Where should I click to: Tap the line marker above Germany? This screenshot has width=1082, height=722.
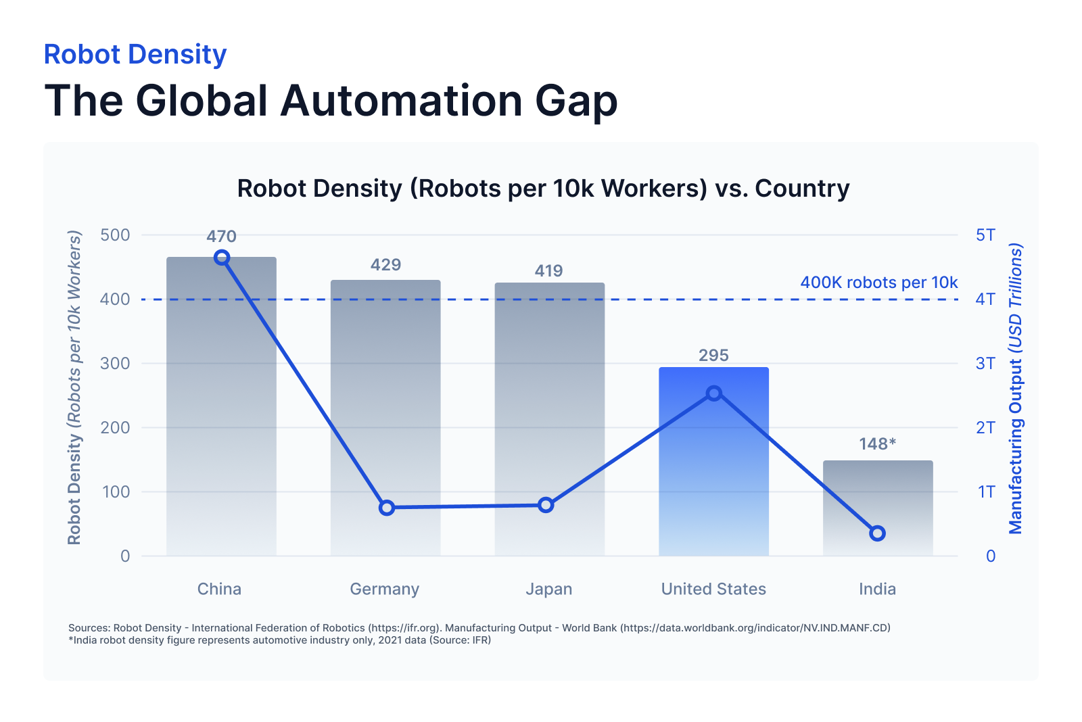coord(387,508)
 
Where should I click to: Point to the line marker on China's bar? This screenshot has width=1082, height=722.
coord(222,258)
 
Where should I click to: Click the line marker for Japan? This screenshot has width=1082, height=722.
coord(546,505)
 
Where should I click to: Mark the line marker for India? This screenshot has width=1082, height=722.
coord(877,533)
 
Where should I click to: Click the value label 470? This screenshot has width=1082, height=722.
coord(221,237)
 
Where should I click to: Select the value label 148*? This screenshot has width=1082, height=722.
coord(877,444)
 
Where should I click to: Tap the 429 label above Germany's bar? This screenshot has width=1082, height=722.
coord(385,265)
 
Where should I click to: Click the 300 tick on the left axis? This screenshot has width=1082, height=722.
coord(115,364)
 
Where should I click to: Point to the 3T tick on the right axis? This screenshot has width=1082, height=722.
coord(985,364)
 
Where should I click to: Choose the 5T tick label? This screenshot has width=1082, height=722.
coord(985,235)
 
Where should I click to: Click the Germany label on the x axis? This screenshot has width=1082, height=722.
coord(384,589)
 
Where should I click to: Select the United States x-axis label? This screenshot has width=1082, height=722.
coord(713,589)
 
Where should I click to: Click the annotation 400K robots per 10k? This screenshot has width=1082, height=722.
coord(878,283)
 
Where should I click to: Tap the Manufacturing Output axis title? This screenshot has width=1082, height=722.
coord(1016,389)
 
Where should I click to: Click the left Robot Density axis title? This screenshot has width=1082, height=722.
coord(74,389)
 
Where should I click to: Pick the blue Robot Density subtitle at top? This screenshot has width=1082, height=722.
coord(135,55)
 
